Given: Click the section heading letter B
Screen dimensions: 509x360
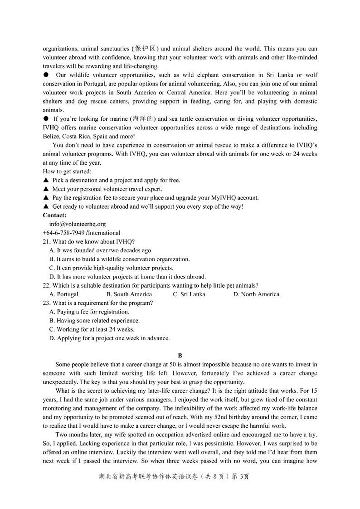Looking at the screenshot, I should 180,356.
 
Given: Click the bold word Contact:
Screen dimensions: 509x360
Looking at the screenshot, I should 54,215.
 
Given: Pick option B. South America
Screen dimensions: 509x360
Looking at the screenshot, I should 130,294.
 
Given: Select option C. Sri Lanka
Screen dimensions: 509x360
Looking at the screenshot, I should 190,294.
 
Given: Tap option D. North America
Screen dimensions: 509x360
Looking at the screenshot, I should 257,294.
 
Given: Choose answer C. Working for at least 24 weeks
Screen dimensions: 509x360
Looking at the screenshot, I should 92,329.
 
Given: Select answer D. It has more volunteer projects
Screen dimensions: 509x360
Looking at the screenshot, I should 127,277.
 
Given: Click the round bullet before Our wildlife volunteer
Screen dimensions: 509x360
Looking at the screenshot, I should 46,75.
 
